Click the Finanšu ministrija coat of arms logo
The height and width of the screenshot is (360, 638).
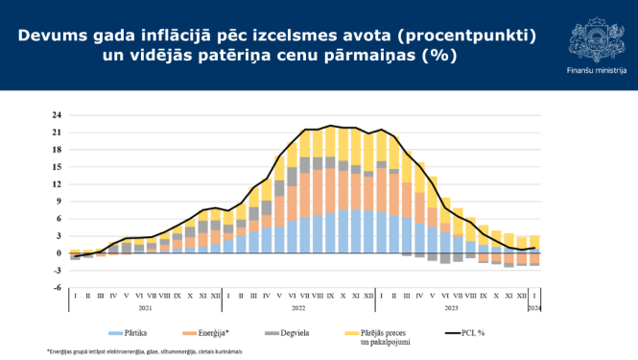tap(596, 40)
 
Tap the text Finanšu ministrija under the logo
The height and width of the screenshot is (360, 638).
tap(596, 70)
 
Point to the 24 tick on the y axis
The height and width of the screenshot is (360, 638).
tap(58, 116)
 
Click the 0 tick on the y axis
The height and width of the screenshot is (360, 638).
tap(59, 253)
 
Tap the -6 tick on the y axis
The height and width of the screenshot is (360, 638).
tap(58, 287)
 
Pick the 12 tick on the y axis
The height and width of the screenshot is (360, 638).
tap(58, 184)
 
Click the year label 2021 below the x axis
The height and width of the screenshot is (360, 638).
tap(144, 308)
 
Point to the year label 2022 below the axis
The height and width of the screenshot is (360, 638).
tap(297, 308)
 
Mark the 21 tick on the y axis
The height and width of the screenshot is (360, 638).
tap(58, 132)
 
